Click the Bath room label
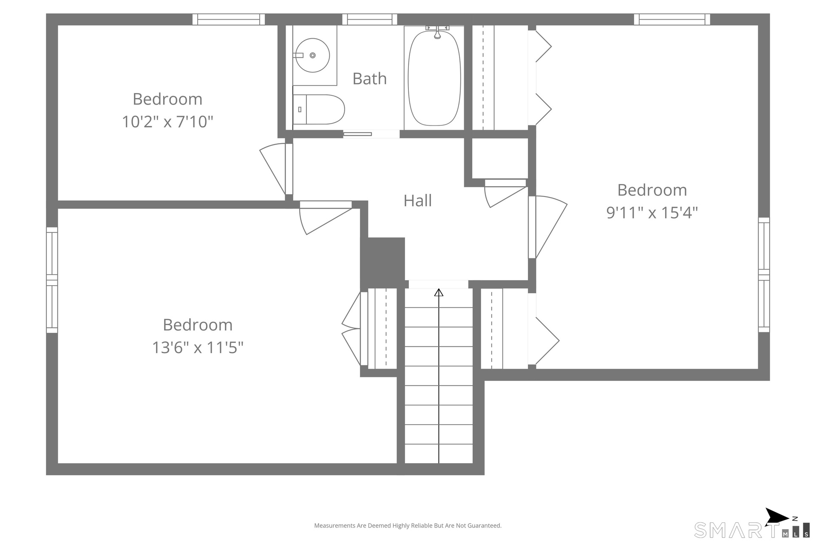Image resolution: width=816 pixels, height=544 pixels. click(369, 79)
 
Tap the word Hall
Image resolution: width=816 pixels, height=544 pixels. click(417, 201)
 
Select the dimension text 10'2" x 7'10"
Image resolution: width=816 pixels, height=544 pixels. click(167, 122)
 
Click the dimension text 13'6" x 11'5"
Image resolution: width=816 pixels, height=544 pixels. click(198, 347)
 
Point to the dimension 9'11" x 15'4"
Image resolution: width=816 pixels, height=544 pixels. click(652, 212)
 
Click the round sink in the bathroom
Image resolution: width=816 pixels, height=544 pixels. click(312, 55)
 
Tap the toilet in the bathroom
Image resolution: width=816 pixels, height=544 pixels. click(318, 109)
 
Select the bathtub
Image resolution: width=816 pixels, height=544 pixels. click(434, 78)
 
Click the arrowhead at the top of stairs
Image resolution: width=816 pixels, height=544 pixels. click(439, 292)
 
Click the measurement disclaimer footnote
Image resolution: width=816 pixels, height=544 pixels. click(408, 526)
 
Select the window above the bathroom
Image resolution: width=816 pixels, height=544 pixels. click(370, 20)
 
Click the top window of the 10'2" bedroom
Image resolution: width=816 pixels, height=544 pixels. click(229, 20)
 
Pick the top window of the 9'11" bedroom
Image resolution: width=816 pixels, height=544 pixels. click(672, 20)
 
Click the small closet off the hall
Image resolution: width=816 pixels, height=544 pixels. click(500, 158)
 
